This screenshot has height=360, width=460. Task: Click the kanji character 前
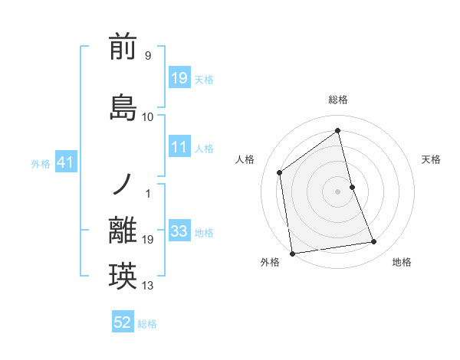[123, 48]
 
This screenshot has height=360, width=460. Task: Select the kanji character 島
[123, 107]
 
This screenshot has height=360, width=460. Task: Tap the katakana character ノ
[123, 185]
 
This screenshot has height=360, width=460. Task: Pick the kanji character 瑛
[123, 276]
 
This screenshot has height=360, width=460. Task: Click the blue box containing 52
[123, 323]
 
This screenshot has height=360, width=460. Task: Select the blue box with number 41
[65, 162]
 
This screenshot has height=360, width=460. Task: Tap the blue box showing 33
[179, 231]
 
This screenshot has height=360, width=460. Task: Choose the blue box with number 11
[179, 147]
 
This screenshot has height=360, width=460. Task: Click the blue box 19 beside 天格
[179, 78]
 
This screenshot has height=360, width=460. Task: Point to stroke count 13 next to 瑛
[148, 286]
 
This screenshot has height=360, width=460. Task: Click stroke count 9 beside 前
[147, 56]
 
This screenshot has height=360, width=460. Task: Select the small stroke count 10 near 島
[148, 117]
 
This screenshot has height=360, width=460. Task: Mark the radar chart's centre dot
[337, 191]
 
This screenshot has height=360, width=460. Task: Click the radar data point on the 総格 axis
[337, 131]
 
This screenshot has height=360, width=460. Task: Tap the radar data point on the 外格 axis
[292, 253]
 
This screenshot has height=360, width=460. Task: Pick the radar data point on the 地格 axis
[374, 242]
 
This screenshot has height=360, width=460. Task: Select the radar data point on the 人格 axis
[280, 172]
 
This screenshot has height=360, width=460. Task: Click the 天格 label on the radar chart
[431, 159]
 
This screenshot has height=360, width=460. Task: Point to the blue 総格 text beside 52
[147, 324]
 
